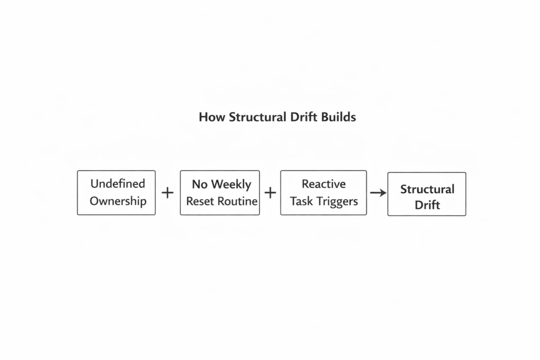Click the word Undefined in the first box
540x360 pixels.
tap(118, 184)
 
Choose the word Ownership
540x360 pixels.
tap(118, 201)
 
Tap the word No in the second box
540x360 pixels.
tap(199, 184)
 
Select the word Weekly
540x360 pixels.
tap(230, 184)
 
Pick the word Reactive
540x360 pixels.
tap(323, 184)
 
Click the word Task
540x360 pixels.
tap(301, 201)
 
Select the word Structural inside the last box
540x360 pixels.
tap(427, 189)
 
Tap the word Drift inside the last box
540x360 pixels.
tap(427, 205)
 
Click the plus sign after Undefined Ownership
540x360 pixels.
tap(167, 193)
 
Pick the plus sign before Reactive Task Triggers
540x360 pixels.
tap(270, 193)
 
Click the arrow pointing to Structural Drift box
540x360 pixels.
tap(378, 193)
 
